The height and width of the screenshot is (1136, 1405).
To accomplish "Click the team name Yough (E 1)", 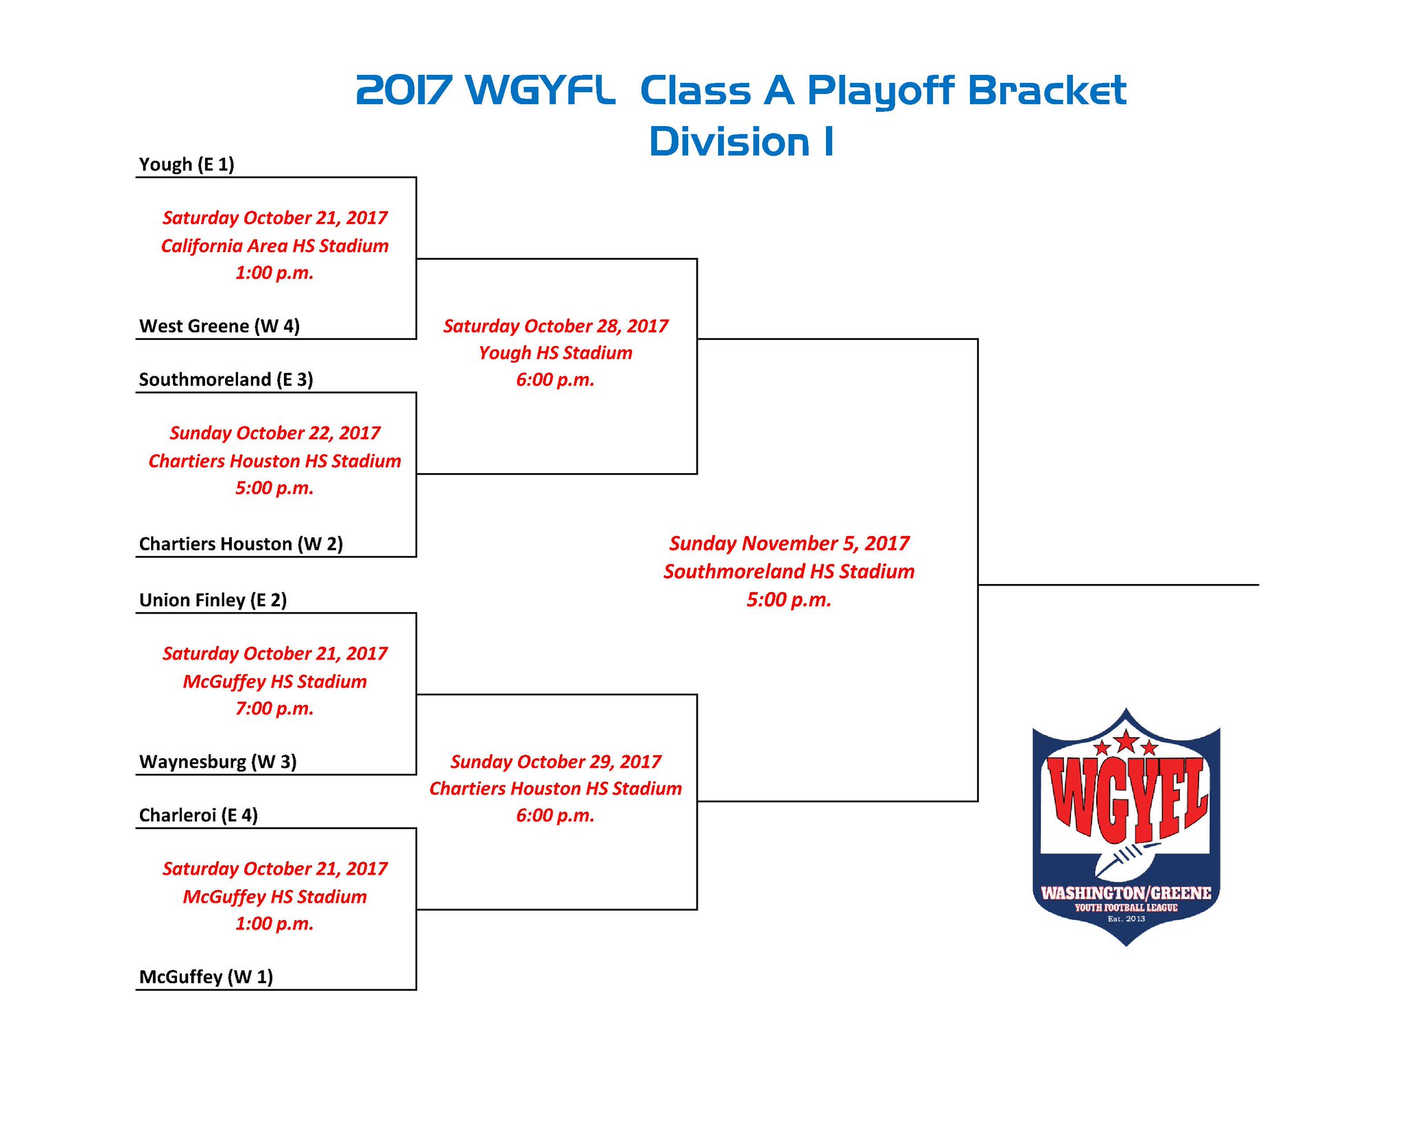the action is point(187,165).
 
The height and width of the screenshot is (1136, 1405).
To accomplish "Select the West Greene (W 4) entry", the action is point(220,326).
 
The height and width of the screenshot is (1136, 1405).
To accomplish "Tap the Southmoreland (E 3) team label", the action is point(226,379).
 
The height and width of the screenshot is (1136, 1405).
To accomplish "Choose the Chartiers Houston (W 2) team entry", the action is point(241,544).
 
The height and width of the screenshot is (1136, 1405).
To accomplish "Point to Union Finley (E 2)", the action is point(213,600).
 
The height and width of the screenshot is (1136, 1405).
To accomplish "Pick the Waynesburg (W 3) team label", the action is point(217,762).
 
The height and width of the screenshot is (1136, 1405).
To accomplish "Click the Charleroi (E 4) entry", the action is point(198,815).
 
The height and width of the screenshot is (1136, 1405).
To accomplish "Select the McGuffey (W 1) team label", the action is point(206,977).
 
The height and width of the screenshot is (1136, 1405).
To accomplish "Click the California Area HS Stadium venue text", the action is point(274,245).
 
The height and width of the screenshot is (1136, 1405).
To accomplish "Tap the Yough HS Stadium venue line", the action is point(555,352).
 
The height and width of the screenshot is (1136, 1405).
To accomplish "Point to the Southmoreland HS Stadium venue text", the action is point(789,571).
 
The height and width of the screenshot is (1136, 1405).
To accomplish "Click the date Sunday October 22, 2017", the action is point(274,433).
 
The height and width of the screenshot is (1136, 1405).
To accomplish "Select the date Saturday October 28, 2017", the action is point(555,326).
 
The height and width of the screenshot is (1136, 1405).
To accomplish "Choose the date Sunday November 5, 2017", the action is point(789,543).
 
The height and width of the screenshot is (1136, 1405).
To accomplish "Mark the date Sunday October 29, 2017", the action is point(555,762).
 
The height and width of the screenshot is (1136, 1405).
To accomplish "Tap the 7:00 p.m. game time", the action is point(274,708).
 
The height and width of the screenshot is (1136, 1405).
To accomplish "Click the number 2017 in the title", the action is point(403,90).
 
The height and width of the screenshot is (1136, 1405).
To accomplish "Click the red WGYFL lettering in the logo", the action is point(1126,799).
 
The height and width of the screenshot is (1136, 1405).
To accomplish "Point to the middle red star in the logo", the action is point(1126,741).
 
